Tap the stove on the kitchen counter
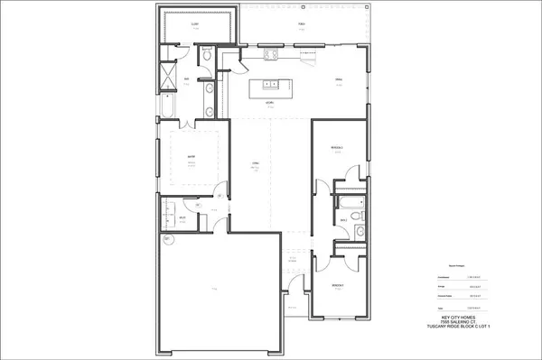(268, 53)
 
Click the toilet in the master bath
(207, 56)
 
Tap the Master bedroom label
(192, 158)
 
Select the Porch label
(301, 25)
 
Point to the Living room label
(257, 162)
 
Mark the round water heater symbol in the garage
(167, 239)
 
